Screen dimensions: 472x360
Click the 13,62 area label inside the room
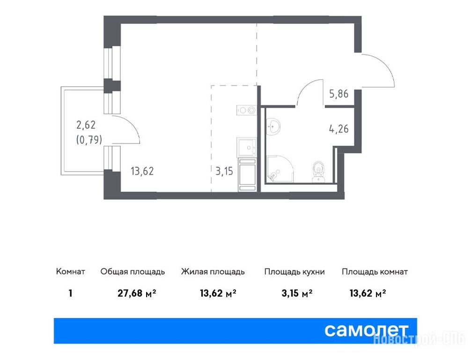pos(142,171)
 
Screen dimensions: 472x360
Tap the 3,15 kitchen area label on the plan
pos(224,171)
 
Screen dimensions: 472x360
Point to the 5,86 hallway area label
pos(339,94)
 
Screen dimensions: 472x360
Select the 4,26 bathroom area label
pos(339,128)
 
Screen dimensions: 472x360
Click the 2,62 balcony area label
pos(86,124)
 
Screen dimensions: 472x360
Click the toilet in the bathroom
pos(318,172)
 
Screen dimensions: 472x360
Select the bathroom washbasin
pos(273,127)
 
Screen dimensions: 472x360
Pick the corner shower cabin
pos(280,169)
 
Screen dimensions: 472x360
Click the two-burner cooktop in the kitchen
pos(246,110)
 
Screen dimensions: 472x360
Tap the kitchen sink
pos(246,147)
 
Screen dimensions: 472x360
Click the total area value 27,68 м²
pos(137,293)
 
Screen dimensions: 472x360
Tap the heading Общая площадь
pos(133,272)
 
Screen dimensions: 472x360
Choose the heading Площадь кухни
pos(295,272)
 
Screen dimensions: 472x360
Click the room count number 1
pos(70,293)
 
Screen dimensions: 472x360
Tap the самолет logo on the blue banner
pos(367,330)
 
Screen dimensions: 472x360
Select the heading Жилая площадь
pos(213,272)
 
